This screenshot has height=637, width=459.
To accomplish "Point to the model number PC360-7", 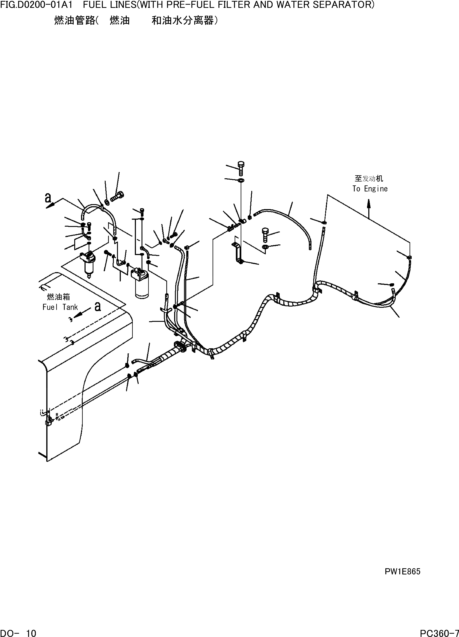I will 439,633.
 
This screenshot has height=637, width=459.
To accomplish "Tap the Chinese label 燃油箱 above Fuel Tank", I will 59,297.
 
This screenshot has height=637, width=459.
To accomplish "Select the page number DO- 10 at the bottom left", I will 18,633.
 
